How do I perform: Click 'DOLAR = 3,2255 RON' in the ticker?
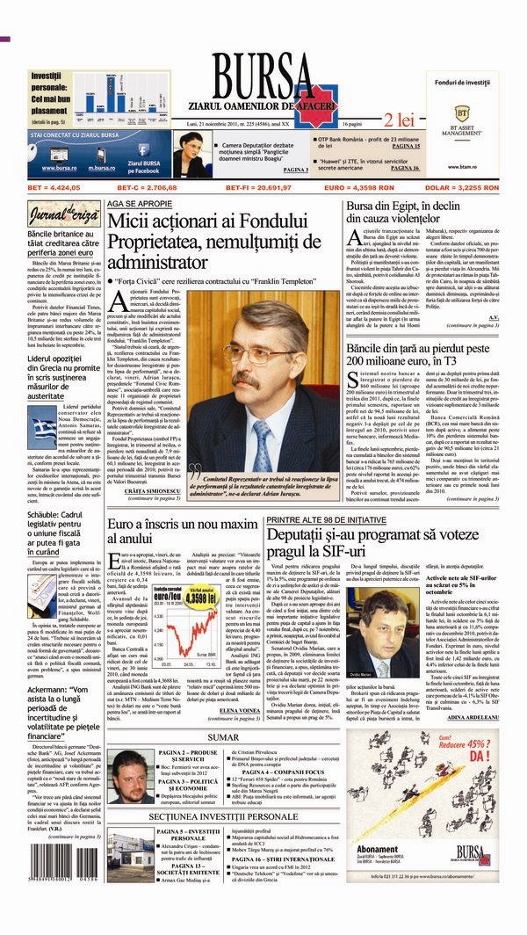[466, 188]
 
